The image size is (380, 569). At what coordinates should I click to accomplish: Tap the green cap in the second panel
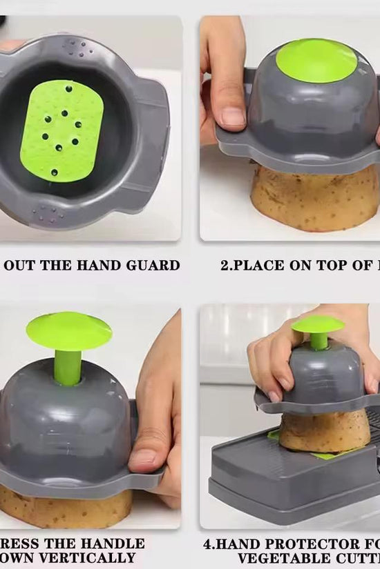(316, 60)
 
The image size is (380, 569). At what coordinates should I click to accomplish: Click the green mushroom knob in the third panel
(68, 332)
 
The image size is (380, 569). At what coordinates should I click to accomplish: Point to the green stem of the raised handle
(68, 367)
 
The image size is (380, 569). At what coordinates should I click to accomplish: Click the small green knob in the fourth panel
(317, 324)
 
